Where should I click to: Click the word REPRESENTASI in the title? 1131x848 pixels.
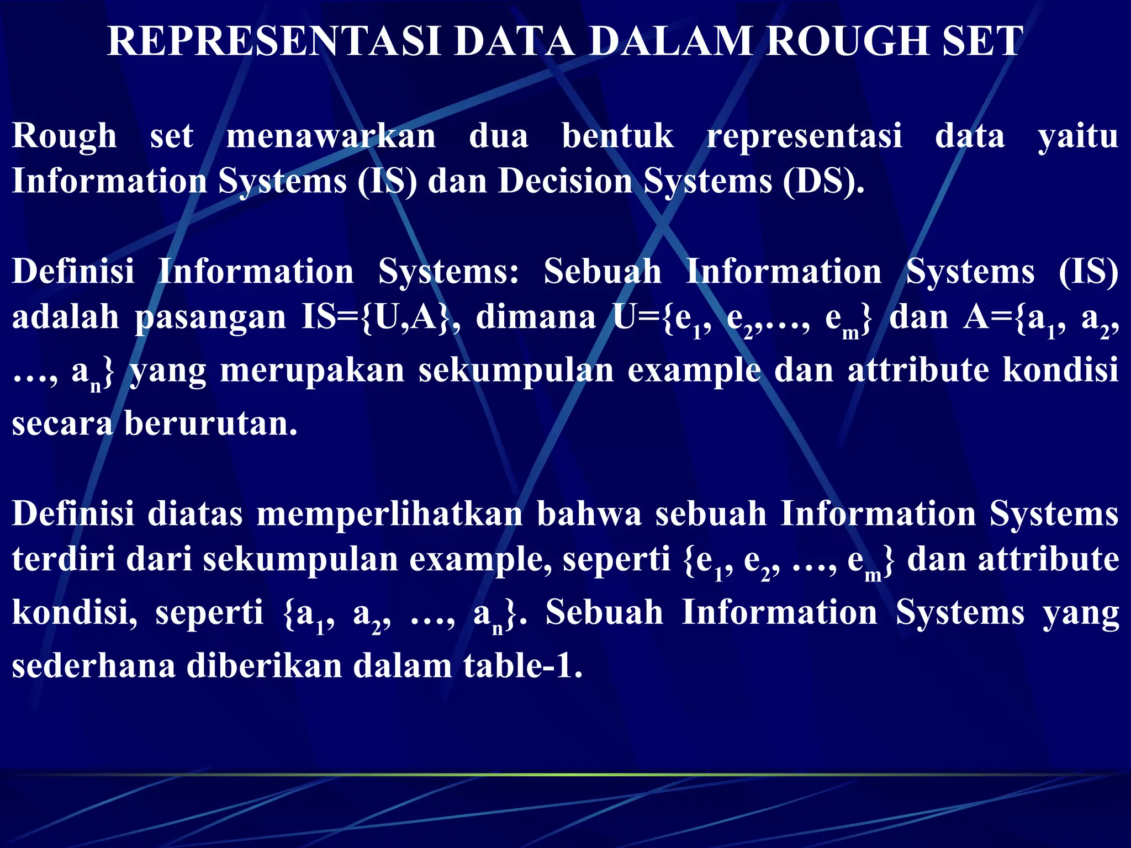click(274, 41)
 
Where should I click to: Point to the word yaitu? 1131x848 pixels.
click(1078, 137)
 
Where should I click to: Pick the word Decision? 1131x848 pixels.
click(565, 181)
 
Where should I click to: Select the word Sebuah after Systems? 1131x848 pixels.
click(603, 272)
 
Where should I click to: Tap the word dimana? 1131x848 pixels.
click(536, 317)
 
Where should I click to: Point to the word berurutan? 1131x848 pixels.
click(210, 424)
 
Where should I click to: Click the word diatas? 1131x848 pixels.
click(195, 513)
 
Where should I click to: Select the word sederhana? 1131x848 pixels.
click(93, 666)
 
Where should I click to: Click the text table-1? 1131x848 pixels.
click(522, 666)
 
